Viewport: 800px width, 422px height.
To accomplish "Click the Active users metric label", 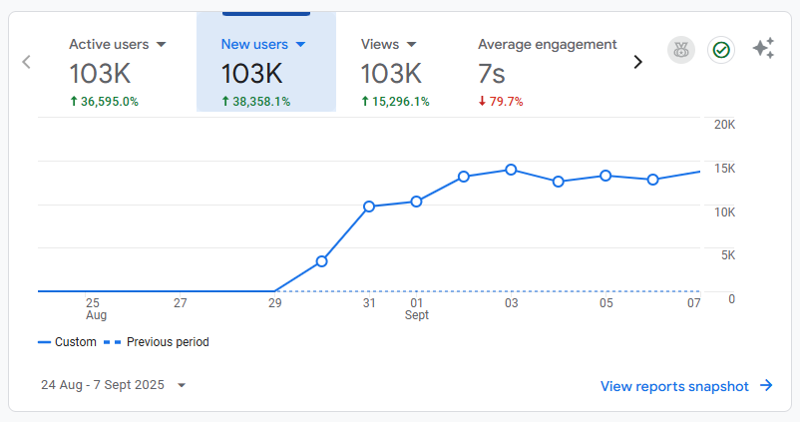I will click(109, 44).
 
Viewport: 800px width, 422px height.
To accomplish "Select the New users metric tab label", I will click(253, 44).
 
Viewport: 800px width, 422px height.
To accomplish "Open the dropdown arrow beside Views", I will click(411, 45).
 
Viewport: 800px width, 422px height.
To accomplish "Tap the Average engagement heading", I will click(547, 44).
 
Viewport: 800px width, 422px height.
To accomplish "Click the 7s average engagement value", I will click(492, 73).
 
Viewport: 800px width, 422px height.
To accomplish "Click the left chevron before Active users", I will click(27, 62).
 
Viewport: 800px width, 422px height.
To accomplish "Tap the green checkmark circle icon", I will click(720, 50).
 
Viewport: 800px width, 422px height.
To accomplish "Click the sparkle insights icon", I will click(763, 49).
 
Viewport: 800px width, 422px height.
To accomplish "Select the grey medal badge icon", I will click(681, 50).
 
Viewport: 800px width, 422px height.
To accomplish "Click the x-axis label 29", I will click(274, 303).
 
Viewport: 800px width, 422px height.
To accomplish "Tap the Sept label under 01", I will click(416, 315).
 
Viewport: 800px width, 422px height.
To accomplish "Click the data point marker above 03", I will click(511, 170).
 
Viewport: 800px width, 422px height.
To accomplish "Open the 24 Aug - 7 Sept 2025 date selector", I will click(113, 385).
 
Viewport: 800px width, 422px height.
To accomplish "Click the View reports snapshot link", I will click(686, 386).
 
